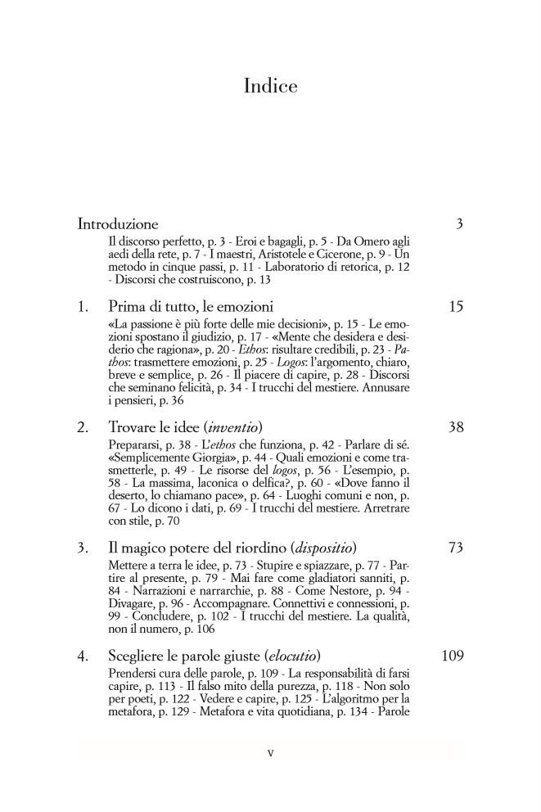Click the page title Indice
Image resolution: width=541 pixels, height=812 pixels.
270,86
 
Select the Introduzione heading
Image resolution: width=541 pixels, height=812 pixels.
118,223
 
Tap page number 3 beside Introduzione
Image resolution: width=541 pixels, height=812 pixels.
459,223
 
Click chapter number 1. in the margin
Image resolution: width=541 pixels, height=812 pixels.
83,307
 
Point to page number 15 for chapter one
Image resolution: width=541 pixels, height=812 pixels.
456,307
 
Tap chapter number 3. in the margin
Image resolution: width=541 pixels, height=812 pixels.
83,548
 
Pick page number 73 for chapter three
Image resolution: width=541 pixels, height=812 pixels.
456,548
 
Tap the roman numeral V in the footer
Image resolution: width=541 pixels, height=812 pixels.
270,753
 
